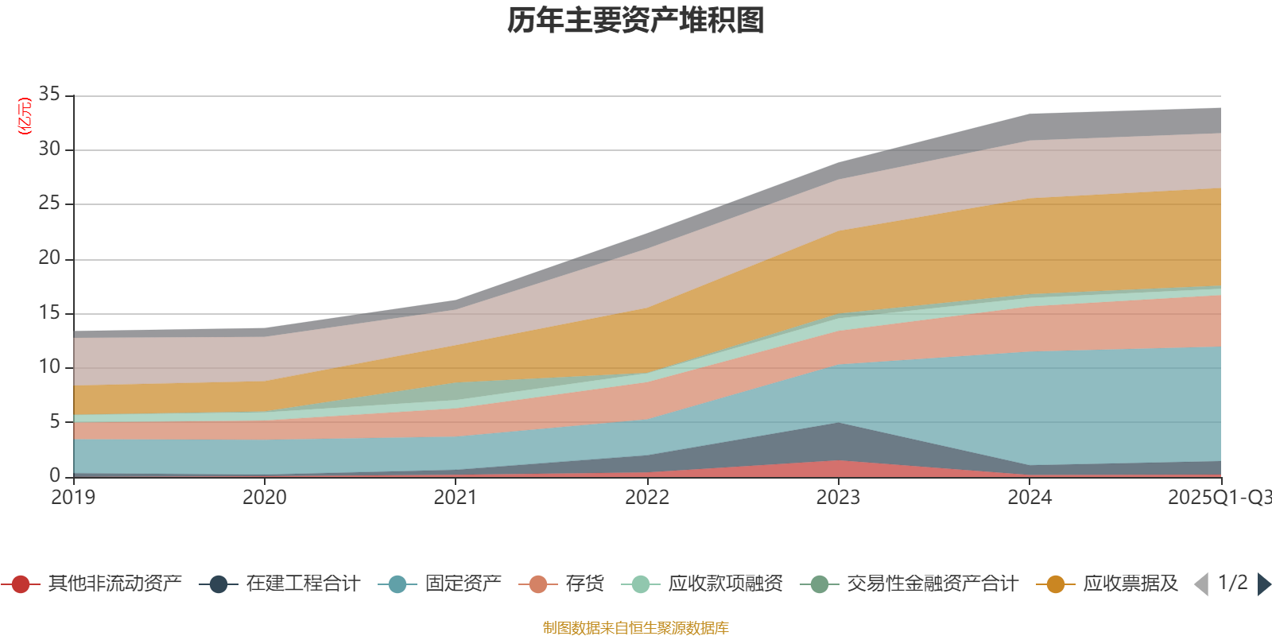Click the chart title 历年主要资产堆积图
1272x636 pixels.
pyautogui.click(x=636, y=21)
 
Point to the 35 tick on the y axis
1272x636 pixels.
pyautogui.click(x=49, y=95)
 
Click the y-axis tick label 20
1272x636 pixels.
pyautogui.click(x=49, y=258)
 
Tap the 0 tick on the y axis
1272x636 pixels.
pyautogui.click(x=54, y=475)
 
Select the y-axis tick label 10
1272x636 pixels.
pyautogui.click(x=49, y=366)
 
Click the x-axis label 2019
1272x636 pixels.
pyautogui.click(x=73, y=498)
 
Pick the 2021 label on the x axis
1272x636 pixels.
pyautogui.click(x=456, y=498)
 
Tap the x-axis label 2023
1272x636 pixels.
pyautogui.click(x=838, y=498)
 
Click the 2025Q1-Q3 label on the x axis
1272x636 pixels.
pyautogui.click(x=1218, y=498)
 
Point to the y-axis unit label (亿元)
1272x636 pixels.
pyautogui.click(x=25, y=116)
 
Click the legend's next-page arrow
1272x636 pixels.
pyautogui.click(x=1263, y=584)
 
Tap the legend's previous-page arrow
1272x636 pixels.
pyautogui.click(x=1201, y=584)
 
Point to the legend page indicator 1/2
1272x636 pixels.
pyautogui.click(x=1232, y=583)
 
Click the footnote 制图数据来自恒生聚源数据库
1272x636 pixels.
pyautogui.click(x=636, y=628)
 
